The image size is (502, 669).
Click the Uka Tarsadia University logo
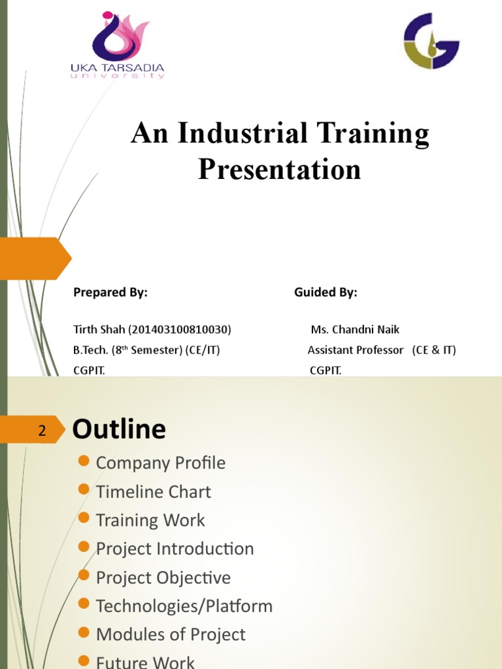pyautogui.click(x=118, y=44)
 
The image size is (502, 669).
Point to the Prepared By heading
pyautogui.click(x=110, y=293)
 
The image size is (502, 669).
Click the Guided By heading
pyautogui.click(x=326, y=293)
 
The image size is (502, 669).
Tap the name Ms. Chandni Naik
pyautogui.click(x=355, y=329)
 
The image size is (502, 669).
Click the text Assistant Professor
pyautogui.click(x=356, y=350)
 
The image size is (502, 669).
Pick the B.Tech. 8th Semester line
pyautogui.click(x=146, y=350)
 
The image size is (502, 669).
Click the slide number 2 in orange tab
pyautogui.click(x=42, y=431)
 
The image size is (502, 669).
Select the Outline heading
pyautogui.click(x=119, y=429)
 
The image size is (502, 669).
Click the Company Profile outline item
pyautogui.click(x=160, y=463)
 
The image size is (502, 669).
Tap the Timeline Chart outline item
pyautogui.click(x=153, y=492)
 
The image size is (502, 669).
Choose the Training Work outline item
pyautogui.click(x=150, y=521)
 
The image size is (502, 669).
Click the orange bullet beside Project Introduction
pyautogui.click(x=83, y=546)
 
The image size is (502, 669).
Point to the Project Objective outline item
pyautogui.click(x=163, y=578)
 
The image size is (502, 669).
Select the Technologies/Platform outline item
pyautogui.click(x=184, y=606)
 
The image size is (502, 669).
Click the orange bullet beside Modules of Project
pyautogui.click(x=83, y=632)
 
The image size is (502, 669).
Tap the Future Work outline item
pyautogui.click(x=145, y=662)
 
